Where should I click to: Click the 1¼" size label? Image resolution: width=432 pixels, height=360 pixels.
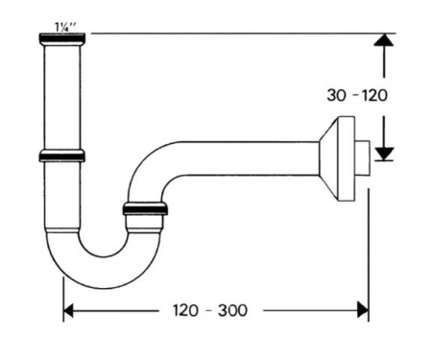pyautogui.click(x=65, y=28)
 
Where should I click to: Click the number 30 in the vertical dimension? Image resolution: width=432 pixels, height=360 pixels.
pyautogui.click(x=337, y=95)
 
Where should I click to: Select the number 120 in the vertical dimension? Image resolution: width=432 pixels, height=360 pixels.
pyautogui.click(x=374, y=95)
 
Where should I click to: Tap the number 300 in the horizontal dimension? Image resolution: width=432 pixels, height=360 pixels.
pyautogui.click(x=232, y=310)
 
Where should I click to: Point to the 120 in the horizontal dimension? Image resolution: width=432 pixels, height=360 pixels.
pyautogui.click(x=185, y=310)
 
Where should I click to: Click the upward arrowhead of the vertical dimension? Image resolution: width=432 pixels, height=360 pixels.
pyautogui.click(x=384, y=39)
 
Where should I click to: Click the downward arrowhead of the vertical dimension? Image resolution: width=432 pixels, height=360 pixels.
pyautogui.click(x=384, y=154)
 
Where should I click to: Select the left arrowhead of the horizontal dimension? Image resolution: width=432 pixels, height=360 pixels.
pyautogui.click(x=68, y=310)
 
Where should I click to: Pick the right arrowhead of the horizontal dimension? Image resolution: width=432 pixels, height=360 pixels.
pyautogui.click(x=363, y=310)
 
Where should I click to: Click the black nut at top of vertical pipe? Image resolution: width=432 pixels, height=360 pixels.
pyautogui.click(x=62, y=38)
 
